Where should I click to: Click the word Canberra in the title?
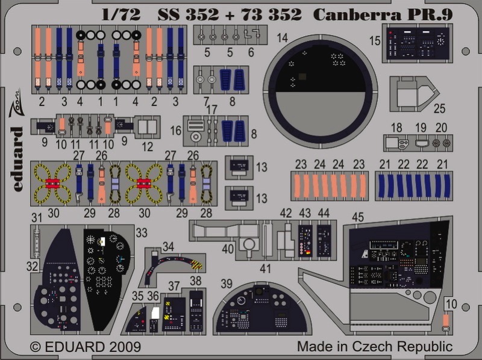coord(357,14)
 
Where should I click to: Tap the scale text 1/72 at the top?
coord(121,14)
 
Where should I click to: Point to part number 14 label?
coord(282,38)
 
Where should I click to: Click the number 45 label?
coord(358,217)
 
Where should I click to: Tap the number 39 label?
coord(227,284)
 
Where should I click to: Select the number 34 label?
coord(168,246)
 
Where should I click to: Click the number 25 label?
coord(439,108)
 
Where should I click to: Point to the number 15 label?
coord(375,41)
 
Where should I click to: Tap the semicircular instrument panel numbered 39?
coord(261,308)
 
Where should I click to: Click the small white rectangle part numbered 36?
coord(155,312)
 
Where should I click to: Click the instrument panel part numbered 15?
coord(417,43)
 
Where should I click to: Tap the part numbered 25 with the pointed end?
coord(413,93)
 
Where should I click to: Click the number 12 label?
coord(147,146)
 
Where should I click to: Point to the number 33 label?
coord(142,233)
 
